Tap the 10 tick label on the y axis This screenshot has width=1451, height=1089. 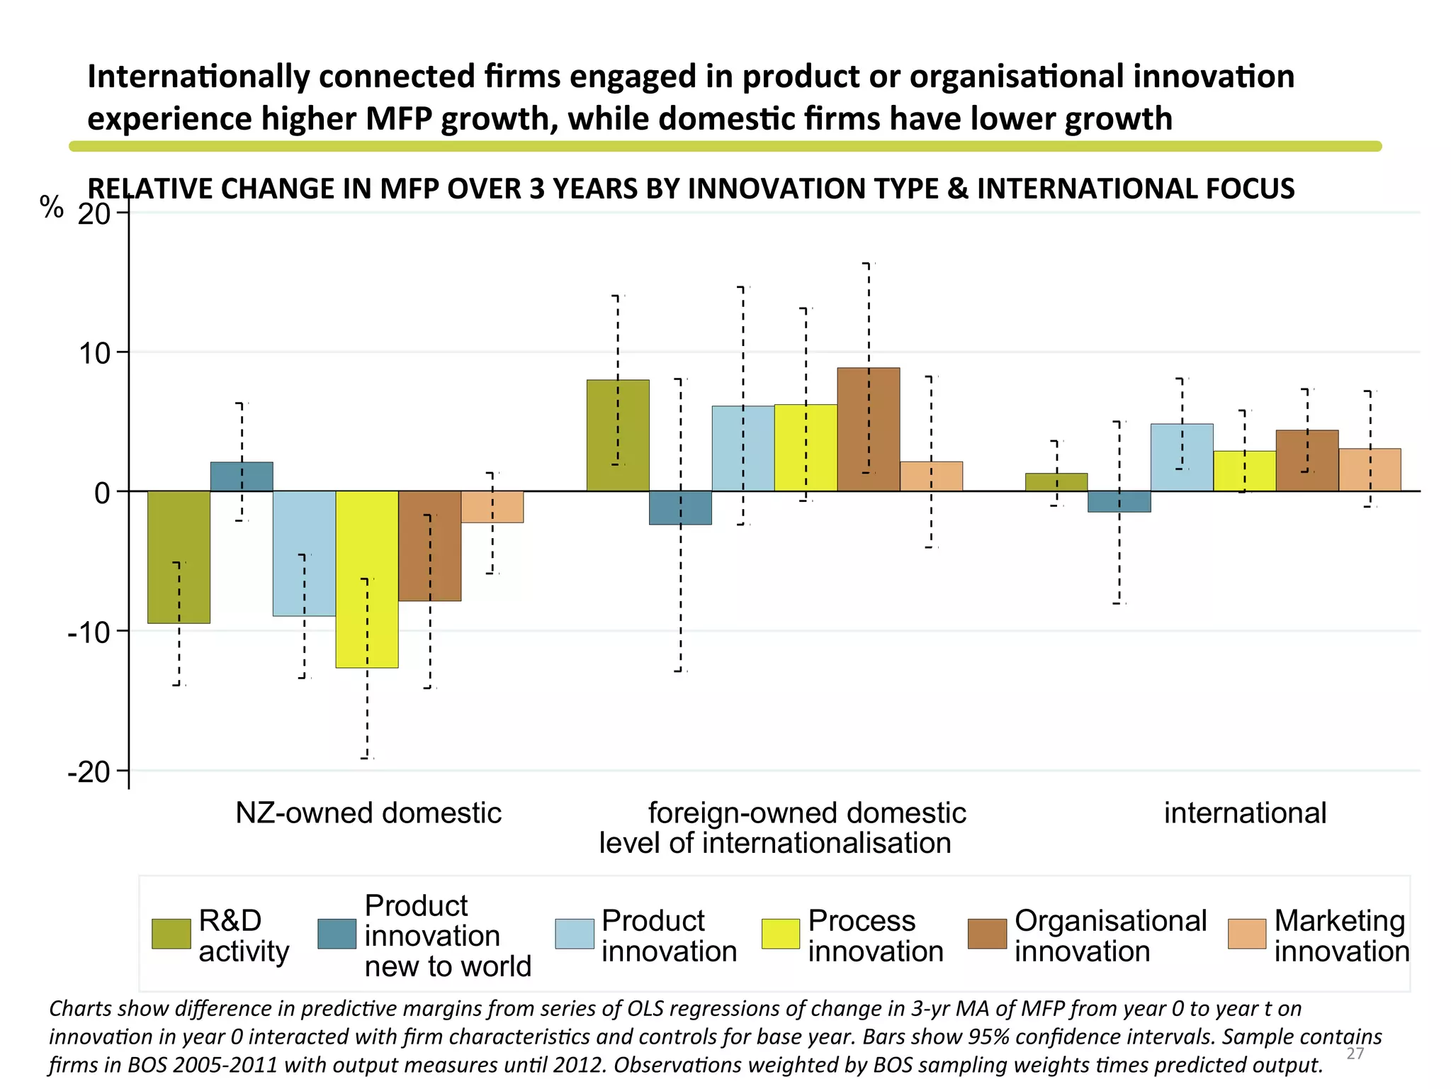[x=94, y=353]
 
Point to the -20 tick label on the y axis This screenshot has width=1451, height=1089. [x=89, y=772]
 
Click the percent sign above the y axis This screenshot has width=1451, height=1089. [x=52, y=208]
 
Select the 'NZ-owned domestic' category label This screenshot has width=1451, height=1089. [x=368, y=812]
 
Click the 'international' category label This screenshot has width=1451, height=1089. [x=1245, y=812]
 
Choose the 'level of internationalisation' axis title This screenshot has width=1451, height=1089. [x=774, y=843]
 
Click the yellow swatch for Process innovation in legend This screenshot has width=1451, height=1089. [x=780, y=934]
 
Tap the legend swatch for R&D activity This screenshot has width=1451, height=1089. [x=171, y=934]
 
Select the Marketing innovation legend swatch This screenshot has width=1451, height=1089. [x=1246, y=934]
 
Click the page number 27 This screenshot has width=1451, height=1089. [x=1355, y=1054]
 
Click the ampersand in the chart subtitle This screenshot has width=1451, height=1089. [x=958, y=189]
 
